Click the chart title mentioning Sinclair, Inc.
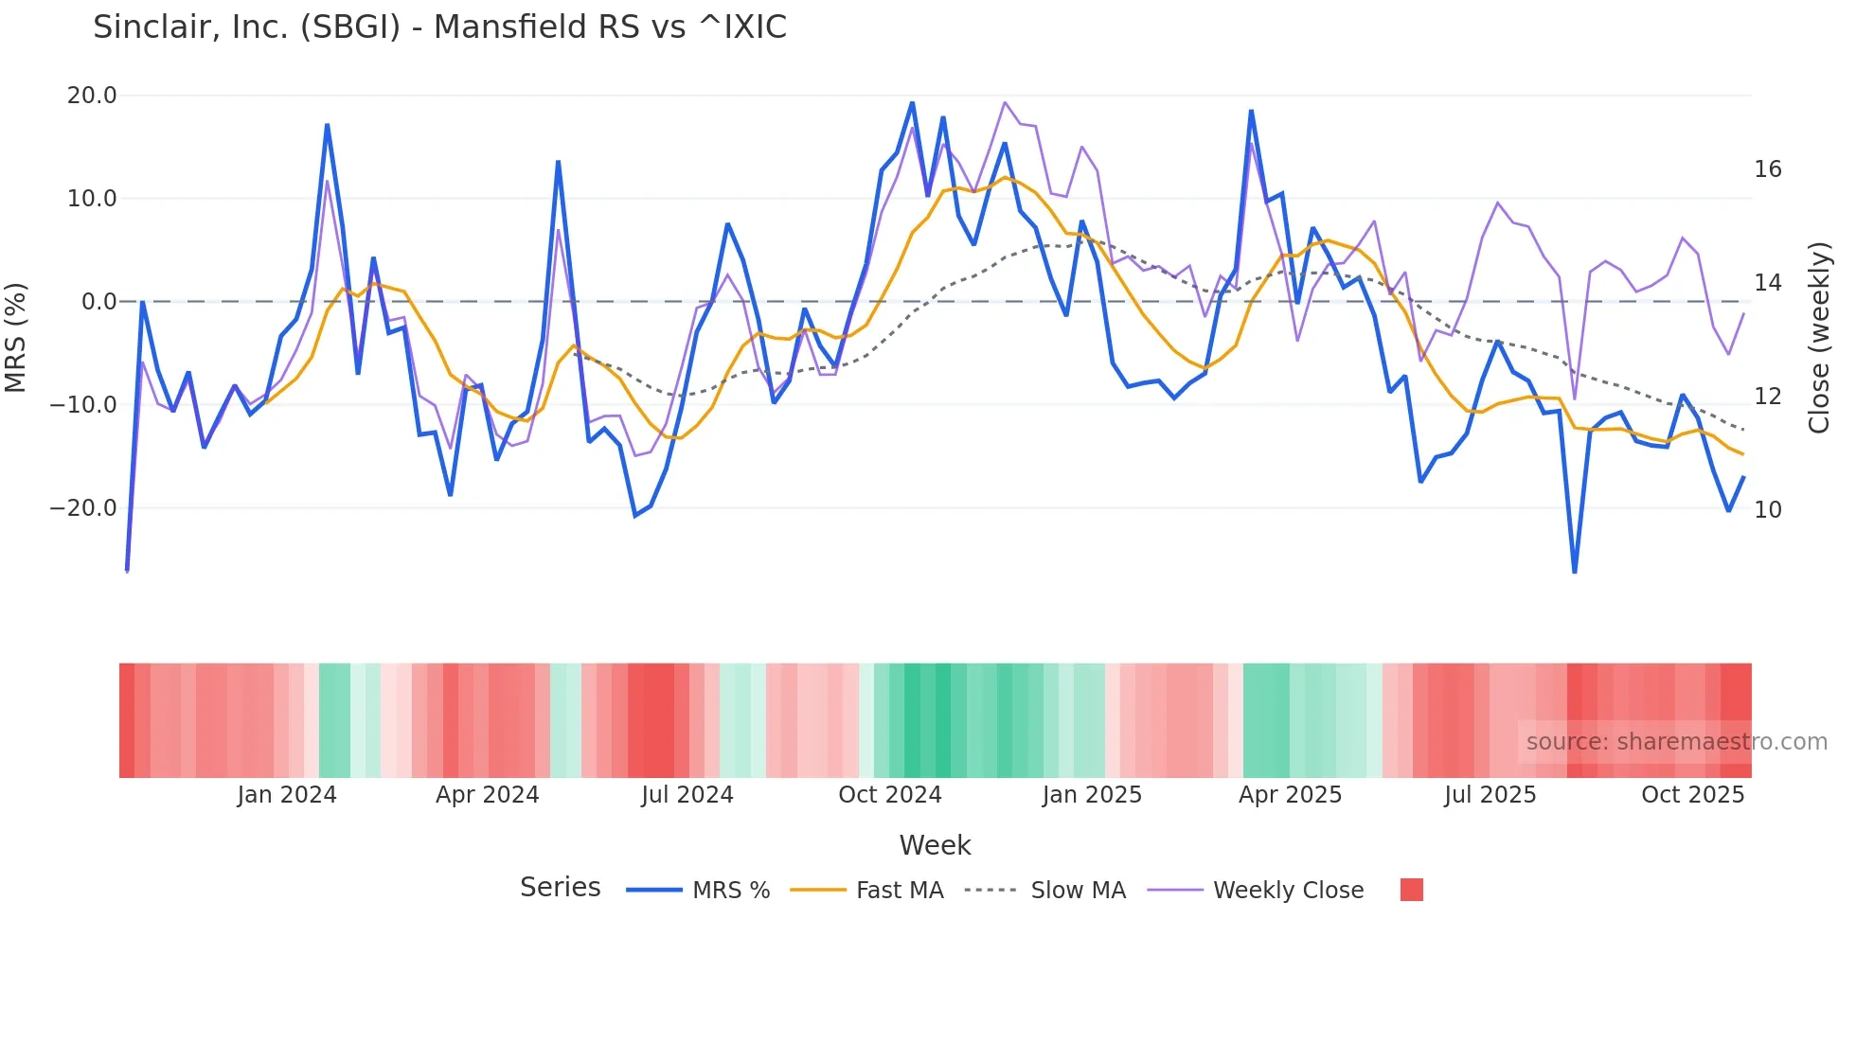point(439,27)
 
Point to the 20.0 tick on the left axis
point(92,96)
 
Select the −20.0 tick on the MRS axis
point(83,508)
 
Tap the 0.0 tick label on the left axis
point(99,302)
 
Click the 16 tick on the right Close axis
point(1767,169)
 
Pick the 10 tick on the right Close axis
point(1767,510)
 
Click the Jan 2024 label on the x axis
point(287,795)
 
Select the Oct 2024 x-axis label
point(890,795)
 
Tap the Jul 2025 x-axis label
point(1490,795)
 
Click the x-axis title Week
point(935,845)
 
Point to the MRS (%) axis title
point(16,337)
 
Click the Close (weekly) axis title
point(1819,338)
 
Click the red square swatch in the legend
point(1411,890)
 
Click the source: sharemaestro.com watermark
point(1676,742)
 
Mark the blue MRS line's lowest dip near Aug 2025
point(1575,572)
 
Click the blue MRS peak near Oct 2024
point(912,102)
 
